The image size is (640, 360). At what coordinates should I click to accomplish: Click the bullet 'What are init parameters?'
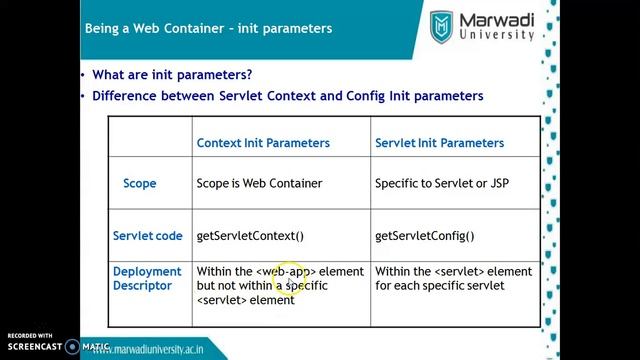click(171, 75)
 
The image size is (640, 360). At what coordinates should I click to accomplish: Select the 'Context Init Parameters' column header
click(263, 143)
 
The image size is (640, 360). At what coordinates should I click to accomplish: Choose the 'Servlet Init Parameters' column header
click(439, 143)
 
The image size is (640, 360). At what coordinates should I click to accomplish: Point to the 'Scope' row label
click(140, 184)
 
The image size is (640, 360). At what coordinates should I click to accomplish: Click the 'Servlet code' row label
click(148, 236)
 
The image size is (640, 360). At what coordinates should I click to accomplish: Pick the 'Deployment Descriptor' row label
click(148, 279)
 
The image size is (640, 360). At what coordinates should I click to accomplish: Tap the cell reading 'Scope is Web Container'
click(260, 185)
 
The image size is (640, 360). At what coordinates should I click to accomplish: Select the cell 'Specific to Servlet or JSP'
click(441, 185)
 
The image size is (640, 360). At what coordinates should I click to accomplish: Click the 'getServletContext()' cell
click(249, 236)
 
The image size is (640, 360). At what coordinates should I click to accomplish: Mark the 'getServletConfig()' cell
click(424, 236)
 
